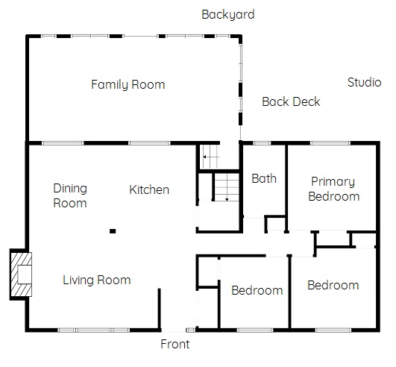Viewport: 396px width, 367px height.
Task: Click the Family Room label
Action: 128,84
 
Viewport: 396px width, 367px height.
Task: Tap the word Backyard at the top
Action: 227,15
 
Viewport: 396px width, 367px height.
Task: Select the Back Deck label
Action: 291,101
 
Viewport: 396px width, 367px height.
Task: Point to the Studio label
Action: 364,82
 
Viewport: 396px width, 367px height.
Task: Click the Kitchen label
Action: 149,189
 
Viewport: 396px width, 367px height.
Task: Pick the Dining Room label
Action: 70,195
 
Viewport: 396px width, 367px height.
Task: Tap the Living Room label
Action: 96,280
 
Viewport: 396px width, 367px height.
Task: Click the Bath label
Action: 264,178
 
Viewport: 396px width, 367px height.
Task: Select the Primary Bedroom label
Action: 334,189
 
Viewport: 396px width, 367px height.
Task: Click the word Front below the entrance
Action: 175,344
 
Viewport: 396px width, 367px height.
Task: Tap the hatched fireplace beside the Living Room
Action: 21,275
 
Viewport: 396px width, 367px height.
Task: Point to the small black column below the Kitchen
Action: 113,231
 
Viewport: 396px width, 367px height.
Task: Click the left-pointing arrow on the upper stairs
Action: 211,157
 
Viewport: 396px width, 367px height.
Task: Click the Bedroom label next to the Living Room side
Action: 257,290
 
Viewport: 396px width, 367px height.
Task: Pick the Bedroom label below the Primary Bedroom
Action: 333,286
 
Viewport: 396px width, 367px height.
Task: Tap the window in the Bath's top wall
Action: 262,143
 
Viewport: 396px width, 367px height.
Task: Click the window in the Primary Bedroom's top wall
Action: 330,143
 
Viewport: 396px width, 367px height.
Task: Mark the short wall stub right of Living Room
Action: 160,309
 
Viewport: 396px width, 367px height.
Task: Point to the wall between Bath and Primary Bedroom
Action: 286,187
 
